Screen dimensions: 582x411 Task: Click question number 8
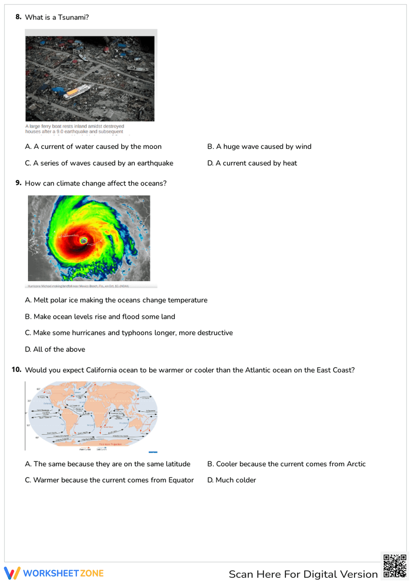(x=18, y=17)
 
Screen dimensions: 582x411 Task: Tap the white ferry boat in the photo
(x=78, y=91)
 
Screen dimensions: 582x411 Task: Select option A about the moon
(x=93, y=147)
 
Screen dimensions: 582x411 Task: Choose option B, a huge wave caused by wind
(x=259, y=147)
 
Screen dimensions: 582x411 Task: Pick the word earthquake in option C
(x=155, y=163)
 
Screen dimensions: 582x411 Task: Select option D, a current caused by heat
(x=252, y=163)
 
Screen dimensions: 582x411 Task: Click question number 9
(x=18, y=183)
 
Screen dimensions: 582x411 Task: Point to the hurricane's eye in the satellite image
(x=83, y=240)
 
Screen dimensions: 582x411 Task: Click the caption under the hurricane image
(x=78, y=286)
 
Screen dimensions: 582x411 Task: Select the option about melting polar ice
(x=116, y=300)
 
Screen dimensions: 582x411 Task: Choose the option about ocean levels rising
(x=100, y=317)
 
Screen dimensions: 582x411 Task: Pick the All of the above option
(x=55, y=349)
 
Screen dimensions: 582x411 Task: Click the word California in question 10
(x=101, y=370)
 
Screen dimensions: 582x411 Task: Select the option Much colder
(x=232, y=480)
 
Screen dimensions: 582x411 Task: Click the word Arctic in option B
(x=356, y=464)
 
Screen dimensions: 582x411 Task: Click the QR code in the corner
(x=395, y=566)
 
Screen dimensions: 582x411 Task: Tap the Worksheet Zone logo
(x=54, y=573)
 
